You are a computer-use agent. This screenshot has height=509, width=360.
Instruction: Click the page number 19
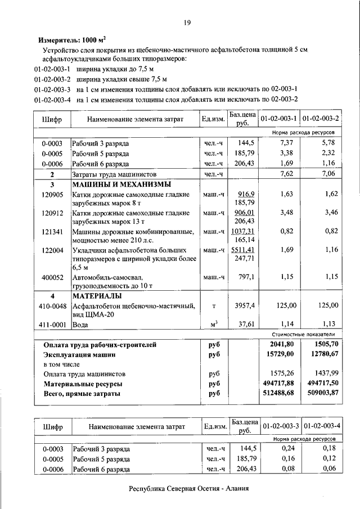(187, 22)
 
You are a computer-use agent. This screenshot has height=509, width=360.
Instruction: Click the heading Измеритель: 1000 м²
(71, 40)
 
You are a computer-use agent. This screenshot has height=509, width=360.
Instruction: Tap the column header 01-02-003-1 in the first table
(278, 119)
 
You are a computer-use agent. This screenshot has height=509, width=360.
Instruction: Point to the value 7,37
(287, 143)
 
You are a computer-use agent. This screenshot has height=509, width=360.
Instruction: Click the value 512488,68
(278, 394)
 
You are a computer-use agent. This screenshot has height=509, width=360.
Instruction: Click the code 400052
(52, 277)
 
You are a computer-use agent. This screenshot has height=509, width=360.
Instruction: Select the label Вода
(81, 325)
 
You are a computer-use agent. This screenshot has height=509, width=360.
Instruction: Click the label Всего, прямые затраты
(82, 394)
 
